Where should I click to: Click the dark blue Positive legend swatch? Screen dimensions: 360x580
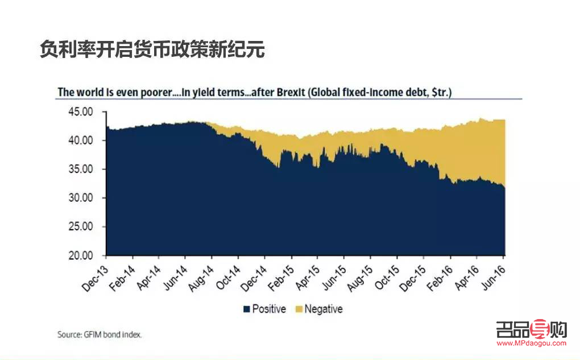click(x=247, y=309)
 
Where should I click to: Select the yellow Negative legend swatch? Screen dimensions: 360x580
click(x=299, y=309)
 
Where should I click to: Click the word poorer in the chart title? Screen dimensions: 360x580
click(x=149, y=92)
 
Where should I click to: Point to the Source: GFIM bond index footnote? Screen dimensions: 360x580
click(x=100, y=334)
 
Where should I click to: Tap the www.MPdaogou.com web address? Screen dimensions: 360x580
click(x=531, y=343)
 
